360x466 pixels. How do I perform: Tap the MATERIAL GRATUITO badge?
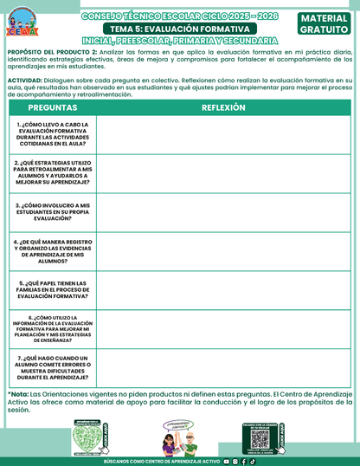[325, 23]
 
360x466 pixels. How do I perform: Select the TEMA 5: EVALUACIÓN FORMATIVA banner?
[179, 29]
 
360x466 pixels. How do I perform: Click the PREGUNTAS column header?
[53, 108]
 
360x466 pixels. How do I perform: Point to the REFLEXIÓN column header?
[223, 108]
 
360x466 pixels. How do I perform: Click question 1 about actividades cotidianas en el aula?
[53, 135]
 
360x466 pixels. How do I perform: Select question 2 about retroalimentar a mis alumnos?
[53, 174]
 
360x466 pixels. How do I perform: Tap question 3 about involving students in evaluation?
[53, 212]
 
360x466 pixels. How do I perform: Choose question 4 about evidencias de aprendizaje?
[53, 252]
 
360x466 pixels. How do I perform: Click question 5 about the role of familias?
[53, 290]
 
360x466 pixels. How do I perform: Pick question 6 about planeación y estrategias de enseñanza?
[53, 330]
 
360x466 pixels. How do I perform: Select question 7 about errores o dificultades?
[53, 368]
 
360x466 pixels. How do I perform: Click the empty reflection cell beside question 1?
[223, 135]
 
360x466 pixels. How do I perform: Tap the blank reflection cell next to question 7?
[223, 368]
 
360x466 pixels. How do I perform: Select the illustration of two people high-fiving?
[179, 436]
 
